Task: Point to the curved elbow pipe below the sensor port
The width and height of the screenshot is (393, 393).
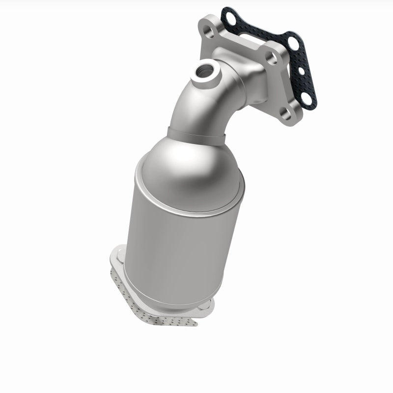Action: click(x=196, y=108)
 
